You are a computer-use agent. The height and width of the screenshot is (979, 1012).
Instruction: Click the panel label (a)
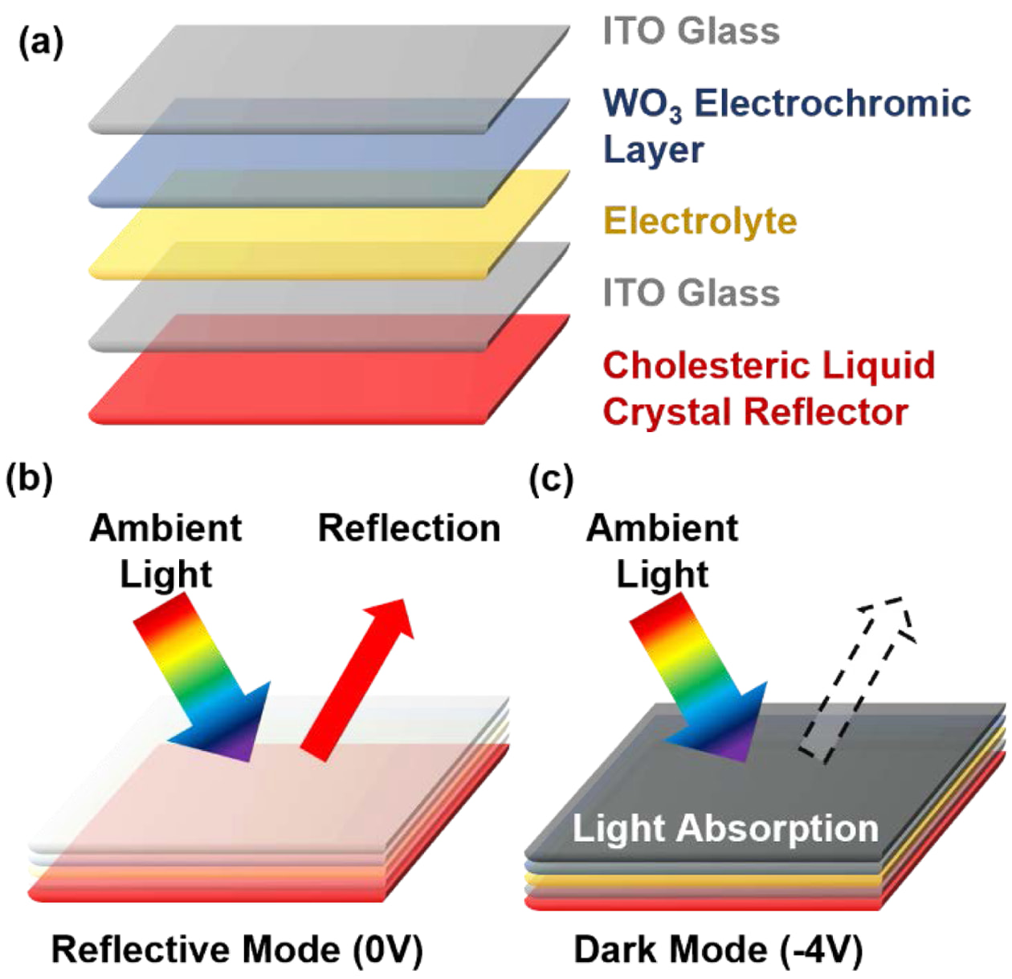pyautogui.click(x=41, y=43)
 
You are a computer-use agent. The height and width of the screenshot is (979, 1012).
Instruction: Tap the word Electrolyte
pyautogui.click(x=700, y=221)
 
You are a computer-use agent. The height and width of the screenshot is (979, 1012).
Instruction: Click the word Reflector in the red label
pyautogui.click(x=826, y=412)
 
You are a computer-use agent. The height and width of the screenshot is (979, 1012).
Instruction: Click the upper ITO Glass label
pyautogui.click(x=692, y=31)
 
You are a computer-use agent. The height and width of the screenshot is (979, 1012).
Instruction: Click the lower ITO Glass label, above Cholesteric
pyautogui.click(x=692, y=292)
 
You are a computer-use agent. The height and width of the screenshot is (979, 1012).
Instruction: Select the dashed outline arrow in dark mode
pyautogui.click(x=858, y=680)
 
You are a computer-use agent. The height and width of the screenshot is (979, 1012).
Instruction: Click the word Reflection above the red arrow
pyautogui.click(x=409, y=528)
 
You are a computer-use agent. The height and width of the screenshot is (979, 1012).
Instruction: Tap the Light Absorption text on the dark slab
pyautogui.click(x=725, y=828)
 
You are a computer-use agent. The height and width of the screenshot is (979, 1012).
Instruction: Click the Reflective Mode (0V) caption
pyautogui.click(x=237, y=949)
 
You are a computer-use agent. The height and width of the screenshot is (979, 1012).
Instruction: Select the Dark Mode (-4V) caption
pyautogui.click(x=718, y=949)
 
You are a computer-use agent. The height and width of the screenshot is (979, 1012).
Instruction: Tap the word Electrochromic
pyautogui.click(x=833, y=104)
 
